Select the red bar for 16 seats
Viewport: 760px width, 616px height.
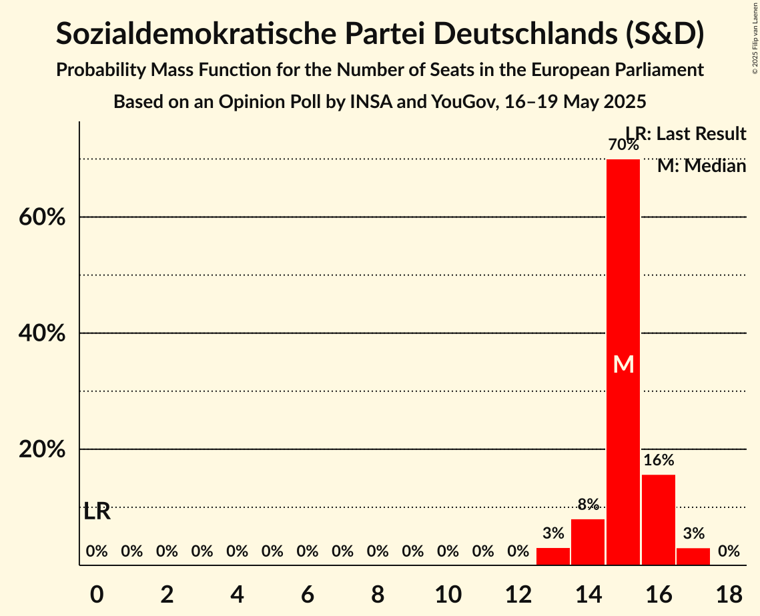coord(659,519)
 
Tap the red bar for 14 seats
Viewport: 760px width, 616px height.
coord(588,541)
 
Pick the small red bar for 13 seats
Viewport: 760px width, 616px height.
coord(553,556)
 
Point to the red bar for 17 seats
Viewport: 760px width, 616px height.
coord(693,556)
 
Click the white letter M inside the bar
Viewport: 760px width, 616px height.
coord(623,364)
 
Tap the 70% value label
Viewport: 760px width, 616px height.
coord(623,144)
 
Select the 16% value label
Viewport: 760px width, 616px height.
coord(659,460)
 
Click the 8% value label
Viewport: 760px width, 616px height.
coord(588,505)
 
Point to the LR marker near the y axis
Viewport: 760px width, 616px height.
coord(97,512)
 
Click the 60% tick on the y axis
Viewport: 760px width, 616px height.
coord(42,217)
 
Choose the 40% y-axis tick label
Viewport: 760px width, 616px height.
coord(42,333)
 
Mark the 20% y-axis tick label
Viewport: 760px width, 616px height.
coord(42,450)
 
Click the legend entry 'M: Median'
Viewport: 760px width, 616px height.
coord(701,166)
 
